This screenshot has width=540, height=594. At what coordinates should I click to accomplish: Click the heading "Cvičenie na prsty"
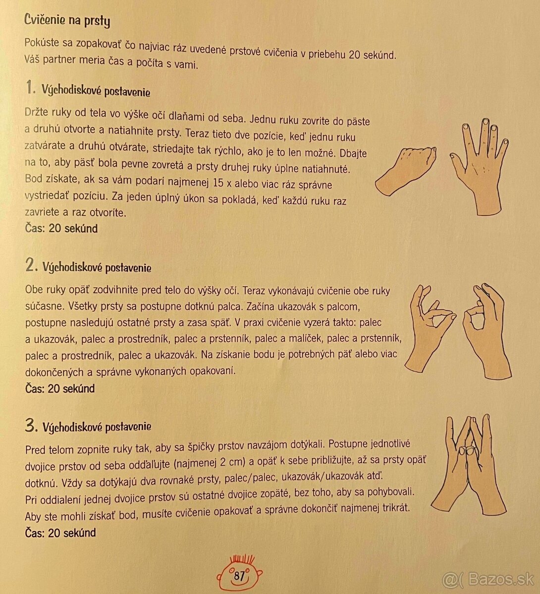(x=67, y=20)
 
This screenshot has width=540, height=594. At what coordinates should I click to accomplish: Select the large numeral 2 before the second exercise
(x=31, y=264)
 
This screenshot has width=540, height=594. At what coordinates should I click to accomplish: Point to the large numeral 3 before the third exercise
(x=31, y=425)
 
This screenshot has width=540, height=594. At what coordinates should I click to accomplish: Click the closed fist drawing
(x=405, y=171)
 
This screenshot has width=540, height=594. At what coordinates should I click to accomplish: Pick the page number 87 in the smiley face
(x=239, y=576)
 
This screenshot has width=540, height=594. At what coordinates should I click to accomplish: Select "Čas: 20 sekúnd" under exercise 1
(x=61, y=228)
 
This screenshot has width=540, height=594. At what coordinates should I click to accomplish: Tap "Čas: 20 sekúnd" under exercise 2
(x=60, y=389)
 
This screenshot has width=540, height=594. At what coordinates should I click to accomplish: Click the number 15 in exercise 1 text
(x=218, y=183)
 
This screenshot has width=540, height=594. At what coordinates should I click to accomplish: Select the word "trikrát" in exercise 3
(x=396, y=508)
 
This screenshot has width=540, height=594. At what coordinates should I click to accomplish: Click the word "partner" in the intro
(x=59, y=60)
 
